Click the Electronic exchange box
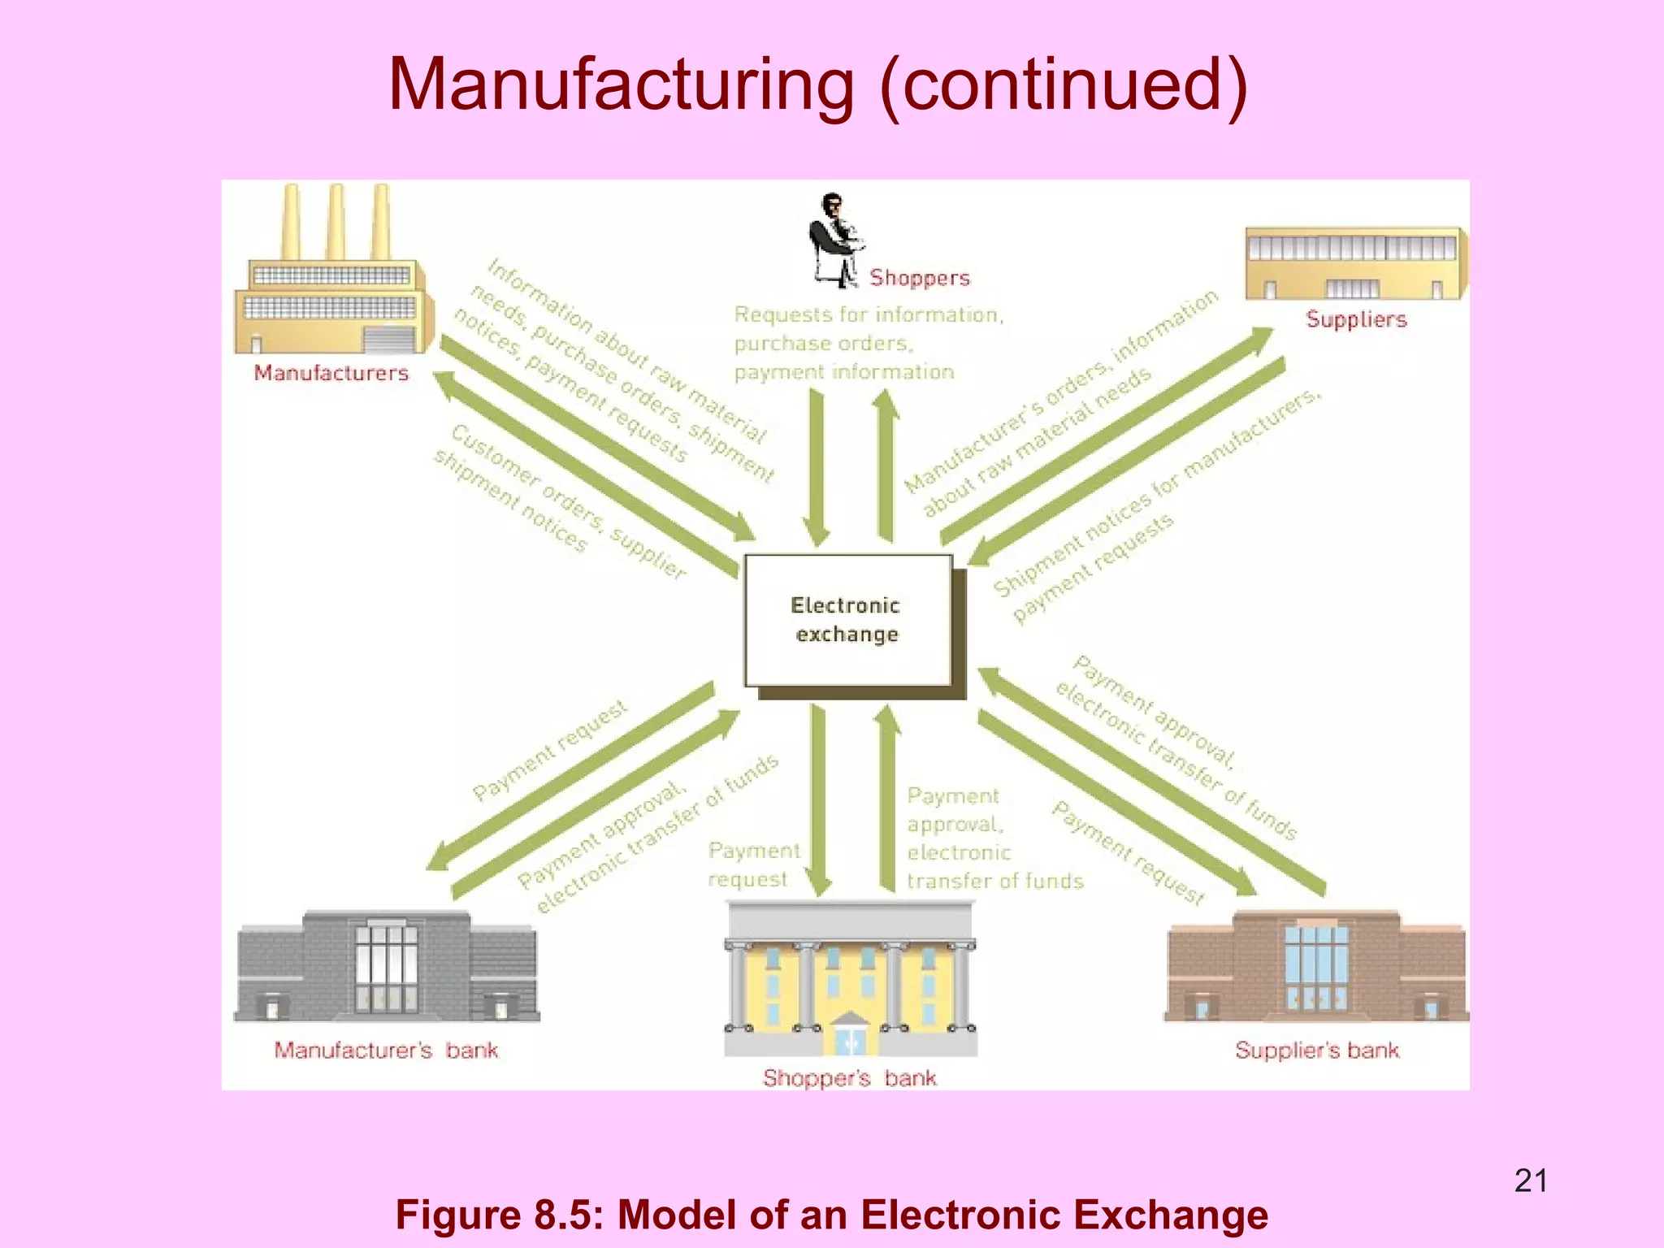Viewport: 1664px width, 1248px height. click(x=847, y=620)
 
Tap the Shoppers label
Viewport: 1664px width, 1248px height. click(x=920, y=278)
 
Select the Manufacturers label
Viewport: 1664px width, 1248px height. click(x=331, y=373)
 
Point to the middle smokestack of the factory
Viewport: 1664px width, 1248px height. click(x=336, y=221)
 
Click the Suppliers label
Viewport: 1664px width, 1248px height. click(x=1356, y=319)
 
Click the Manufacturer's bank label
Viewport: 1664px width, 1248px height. click(x=385, y=1050)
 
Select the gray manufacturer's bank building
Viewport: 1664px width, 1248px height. click(x=387, y=967)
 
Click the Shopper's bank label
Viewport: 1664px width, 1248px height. click(x=849, y=1077)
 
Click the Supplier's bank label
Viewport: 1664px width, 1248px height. click(x=1316, y=1050)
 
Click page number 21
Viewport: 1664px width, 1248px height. click(x=1531, y=1181)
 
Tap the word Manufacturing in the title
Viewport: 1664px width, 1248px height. click(x=622, y=84)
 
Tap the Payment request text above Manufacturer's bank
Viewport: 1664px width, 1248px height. click(x=550, y=751)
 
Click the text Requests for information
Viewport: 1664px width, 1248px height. click(x=869, y=314)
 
